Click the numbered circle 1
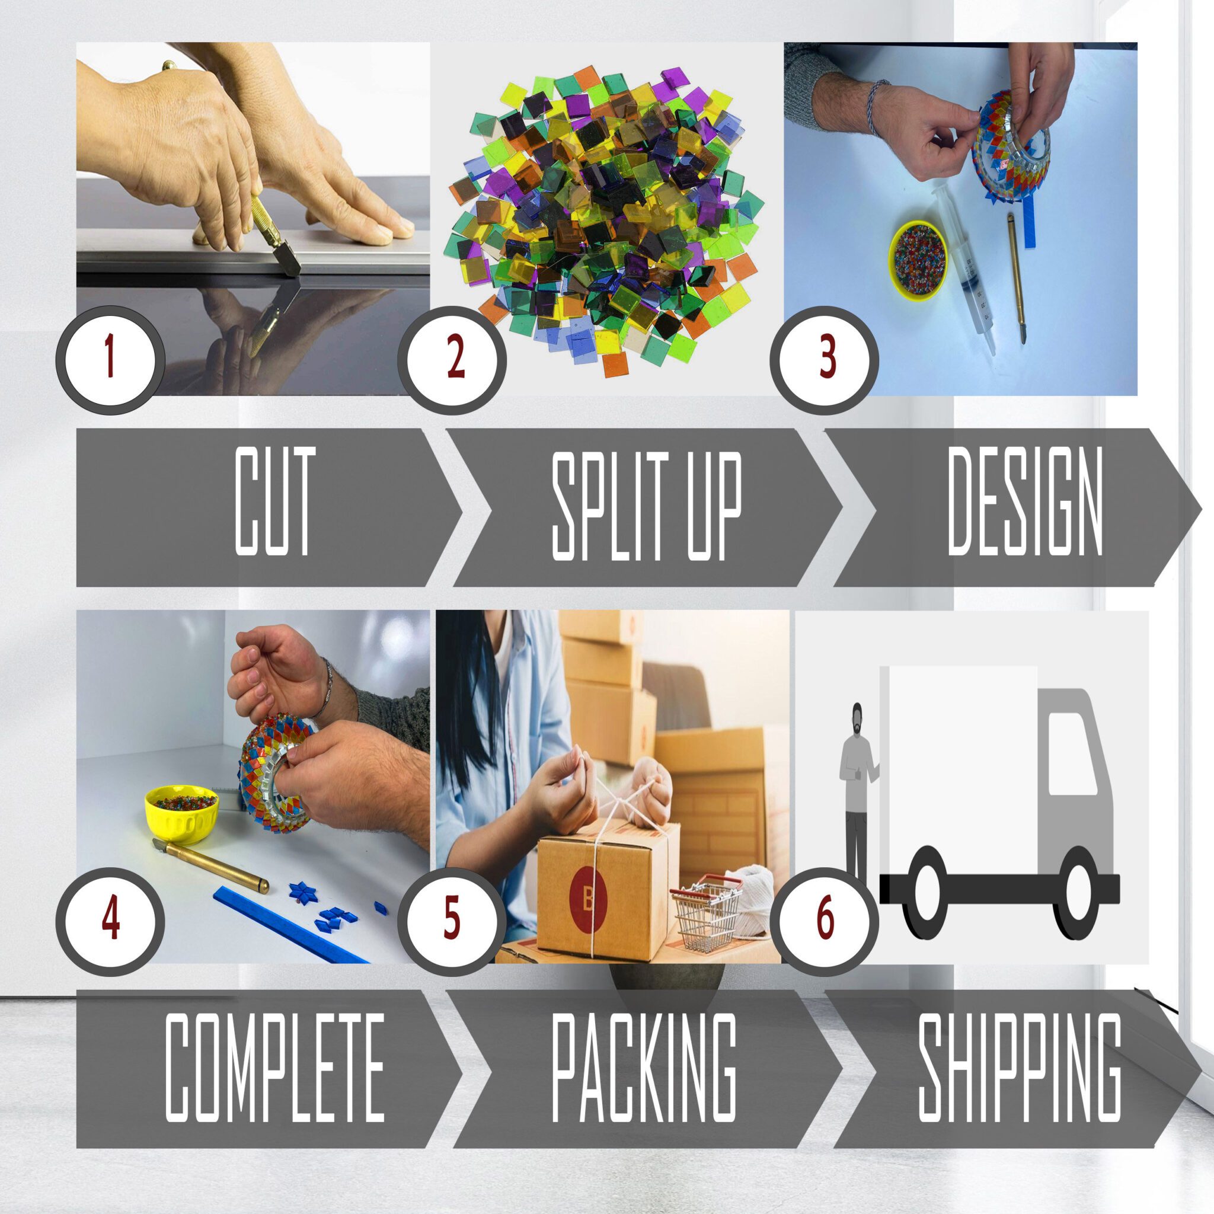tap(111, 360)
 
